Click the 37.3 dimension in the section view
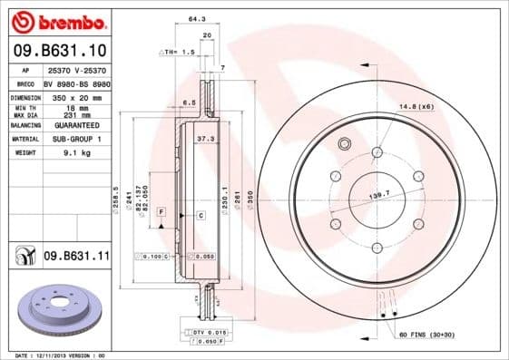(x=205, y=139)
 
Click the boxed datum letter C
(x=200, y=215)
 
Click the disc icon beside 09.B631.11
(x=24, y=257)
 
